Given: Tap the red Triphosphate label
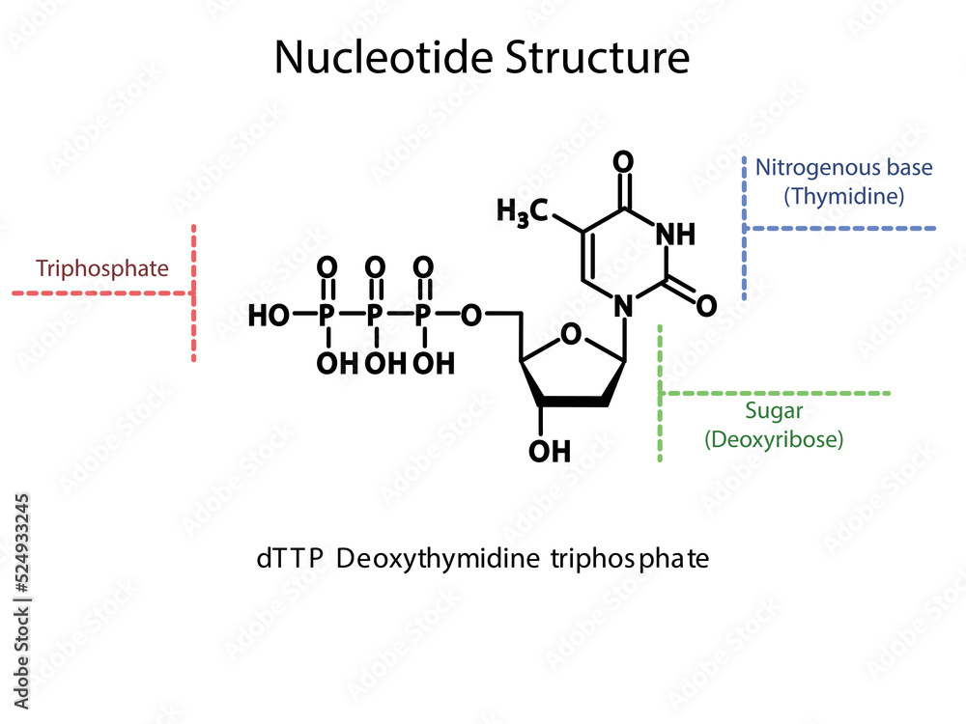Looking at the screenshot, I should tap(102, 268).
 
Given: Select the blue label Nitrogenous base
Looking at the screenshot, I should tap(843, 167).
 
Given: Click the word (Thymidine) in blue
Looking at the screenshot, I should tap(843, 196).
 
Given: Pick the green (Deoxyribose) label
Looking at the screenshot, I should tap(774, 439).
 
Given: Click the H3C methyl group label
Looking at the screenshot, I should tap(523, 211).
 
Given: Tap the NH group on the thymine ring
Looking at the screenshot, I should tap(675, 234).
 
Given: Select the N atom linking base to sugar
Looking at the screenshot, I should tap(624, 306).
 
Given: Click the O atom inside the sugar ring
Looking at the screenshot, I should tap(572, 335).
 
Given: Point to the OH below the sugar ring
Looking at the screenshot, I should tap(551, 450).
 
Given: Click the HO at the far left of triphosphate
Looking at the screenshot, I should tap(269, 315).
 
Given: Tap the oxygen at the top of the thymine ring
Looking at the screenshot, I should tap(623, 161).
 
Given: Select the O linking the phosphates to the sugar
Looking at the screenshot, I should tap(471, 315).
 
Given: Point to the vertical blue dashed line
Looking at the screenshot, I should tap(745, 228).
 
